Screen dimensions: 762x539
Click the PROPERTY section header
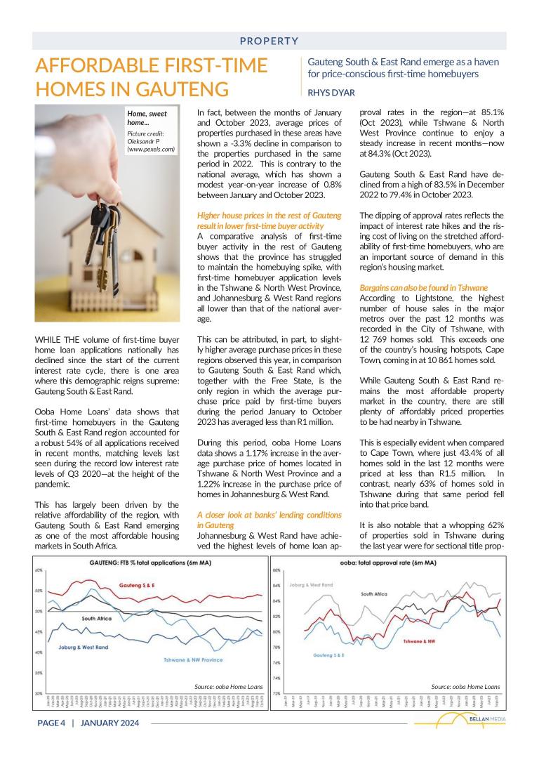[x=269, y=41]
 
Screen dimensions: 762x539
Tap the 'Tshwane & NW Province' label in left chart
[x=193, y=660]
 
